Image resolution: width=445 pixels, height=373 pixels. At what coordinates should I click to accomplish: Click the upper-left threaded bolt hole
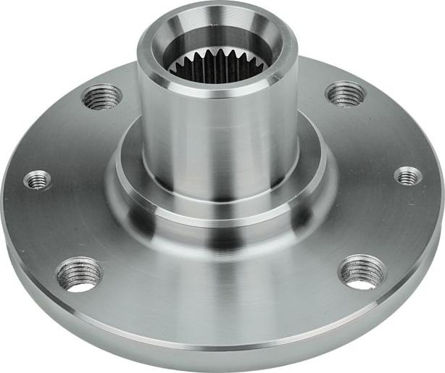pos(102,96)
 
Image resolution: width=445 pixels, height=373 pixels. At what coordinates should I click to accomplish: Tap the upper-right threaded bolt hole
pos(345,93)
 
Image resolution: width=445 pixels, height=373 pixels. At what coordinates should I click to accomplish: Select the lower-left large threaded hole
pos(79,274)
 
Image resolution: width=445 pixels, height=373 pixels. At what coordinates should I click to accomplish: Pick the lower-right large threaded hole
pos(362,272)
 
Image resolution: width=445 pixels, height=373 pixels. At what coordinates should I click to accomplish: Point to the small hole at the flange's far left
pos(38,180)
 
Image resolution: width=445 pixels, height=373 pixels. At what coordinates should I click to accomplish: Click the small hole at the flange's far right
pos(408,175)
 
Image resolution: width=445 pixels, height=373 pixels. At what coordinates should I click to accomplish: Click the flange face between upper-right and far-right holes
pos(380,134)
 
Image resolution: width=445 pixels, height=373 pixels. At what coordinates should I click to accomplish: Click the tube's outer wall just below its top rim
pos(217,101)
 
